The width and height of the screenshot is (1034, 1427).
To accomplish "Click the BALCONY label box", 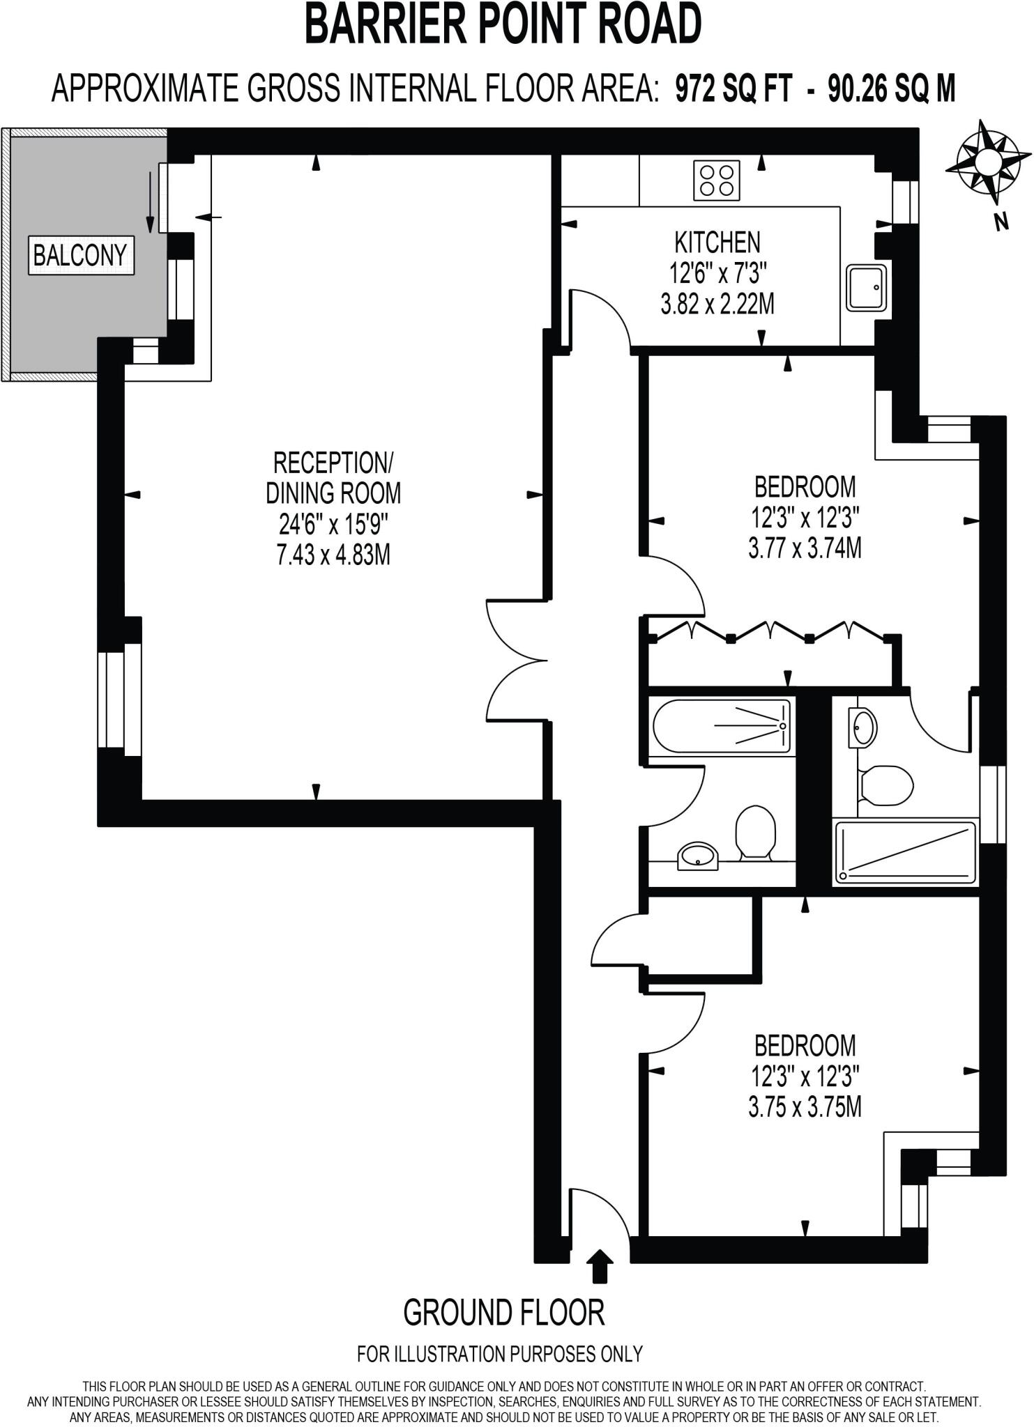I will pyautogui.click(x=81, y=256).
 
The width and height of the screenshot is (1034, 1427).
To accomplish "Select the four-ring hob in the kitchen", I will pyautogui.click(x=717, y=180).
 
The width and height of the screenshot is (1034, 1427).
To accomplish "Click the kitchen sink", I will pyautogui.click(x=867, y=287).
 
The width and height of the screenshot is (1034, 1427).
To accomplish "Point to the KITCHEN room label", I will pyautogui.click(x=717, y=242).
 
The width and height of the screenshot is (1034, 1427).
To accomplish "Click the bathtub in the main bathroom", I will pyautogui.click(x=722, y=726).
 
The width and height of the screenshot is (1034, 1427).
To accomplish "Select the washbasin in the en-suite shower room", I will pyautogui.click(x=863, y=727).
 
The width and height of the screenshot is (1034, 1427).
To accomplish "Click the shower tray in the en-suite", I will pyautogui.click(x=906, y=853).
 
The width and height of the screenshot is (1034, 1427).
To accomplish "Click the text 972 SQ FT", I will pyautogui.click(x=733, y=90).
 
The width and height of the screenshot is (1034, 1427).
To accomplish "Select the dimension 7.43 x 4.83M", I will pyautogui.click(x=333, y=555).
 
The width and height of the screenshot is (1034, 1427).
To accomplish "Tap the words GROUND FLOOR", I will pyautogui.click(x=503, y=1313).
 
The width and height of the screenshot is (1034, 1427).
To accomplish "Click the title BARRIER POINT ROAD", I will pyautogui.click(x=503, y=25).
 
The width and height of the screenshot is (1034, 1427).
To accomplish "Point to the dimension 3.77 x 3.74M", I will pyautogui.click(x=805, y=549).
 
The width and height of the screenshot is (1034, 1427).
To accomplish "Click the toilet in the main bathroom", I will pyautogui.click(x=756, y=832).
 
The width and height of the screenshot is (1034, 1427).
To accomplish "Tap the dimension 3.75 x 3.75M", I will pyautogui.click(x=805, y=1108).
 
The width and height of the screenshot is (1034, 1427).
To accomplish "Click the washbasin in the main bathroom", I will pyautogui.click(x=698, y=856).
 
